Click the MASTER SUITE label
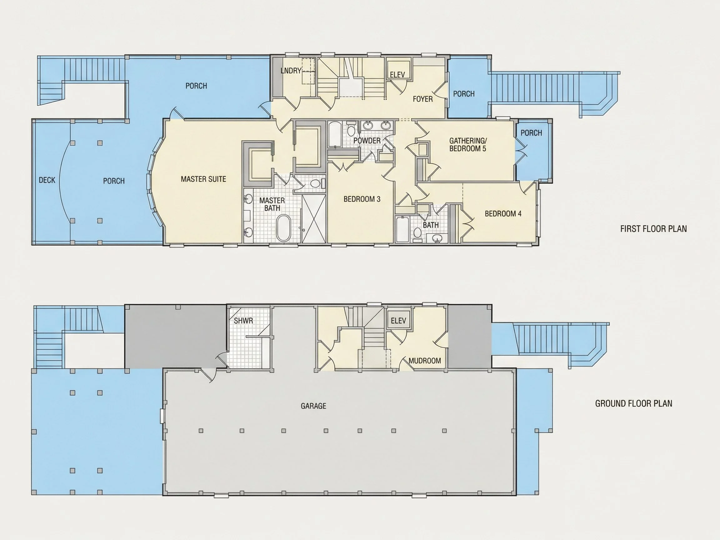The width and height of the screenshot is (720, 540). pyautogui.click(x=203, y=179)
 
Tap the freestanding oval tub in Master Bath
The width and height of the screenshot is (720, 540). pyautogui.click(x=283, y=228)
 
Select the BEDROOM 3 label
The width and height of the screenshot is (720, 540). pyautogui.click(x=362, y=199)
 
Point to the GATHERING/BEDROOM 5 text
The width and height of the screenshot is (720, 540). pyautogui.click(x=468, y=145)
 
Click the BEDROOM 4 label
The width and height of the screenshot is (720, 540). pyautogui.click(x=503, y=214)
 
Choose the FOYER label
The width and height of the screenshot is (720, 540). pyautogui.click(x=423, y=99)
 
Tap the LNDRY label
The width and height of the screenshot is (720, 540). pyautogui.click(x=291, y=71)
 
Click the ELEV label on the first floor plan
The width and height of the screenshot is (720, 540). pyautogui.click(x=397, y=75)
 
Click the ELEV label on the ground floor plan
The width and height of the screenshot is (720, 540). pyautogui.click(x=398, y=321)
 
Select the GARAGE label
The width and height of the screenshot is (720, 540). pyautogui.click(x=313, y=406)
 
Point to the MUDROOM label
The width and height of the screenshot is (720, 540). pyautogui.click(x=425, y=361)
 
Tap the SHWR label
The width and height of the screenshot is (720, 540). pyautogui.click(x=243, y=321)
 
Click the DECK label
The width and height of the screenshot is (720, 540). pyautogui.click(x=47, y=180)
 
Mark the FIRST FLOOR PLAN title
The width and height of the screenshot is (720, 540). pyautogui.click(x=654, y=229)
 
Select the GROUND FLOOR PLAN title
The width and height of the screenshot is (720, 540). pyautogui.click(x=634, y=404)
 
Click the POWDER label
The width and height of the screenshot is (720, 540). pyautogui.click(x=367, y=141)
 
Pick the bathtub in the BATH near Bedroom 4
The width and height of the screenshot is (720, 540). pyautogui.click(x=402, y=229)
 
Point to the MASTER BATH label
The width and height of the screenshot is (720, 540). pyautogui.click(x=272, y=204)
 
